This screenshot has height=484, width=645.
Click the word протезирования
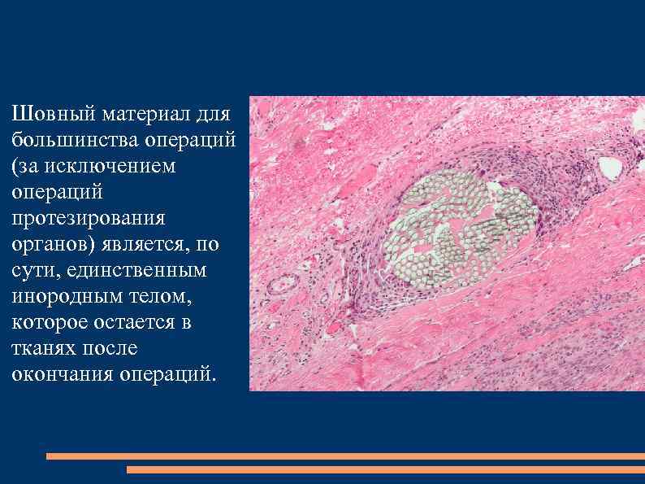pyautogui.click(x=89, y=218)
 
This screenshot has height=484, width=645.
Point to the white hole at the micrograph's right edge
pyautogui.click(x=610, y=168)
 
